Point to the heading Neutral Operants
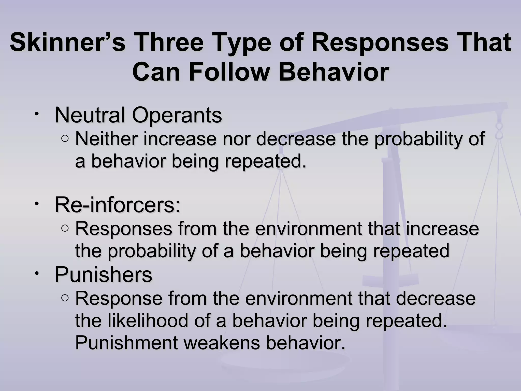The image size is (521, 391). [x=138, y=115]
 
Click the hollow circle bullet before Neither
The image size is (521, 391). [x=65, y=139]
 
